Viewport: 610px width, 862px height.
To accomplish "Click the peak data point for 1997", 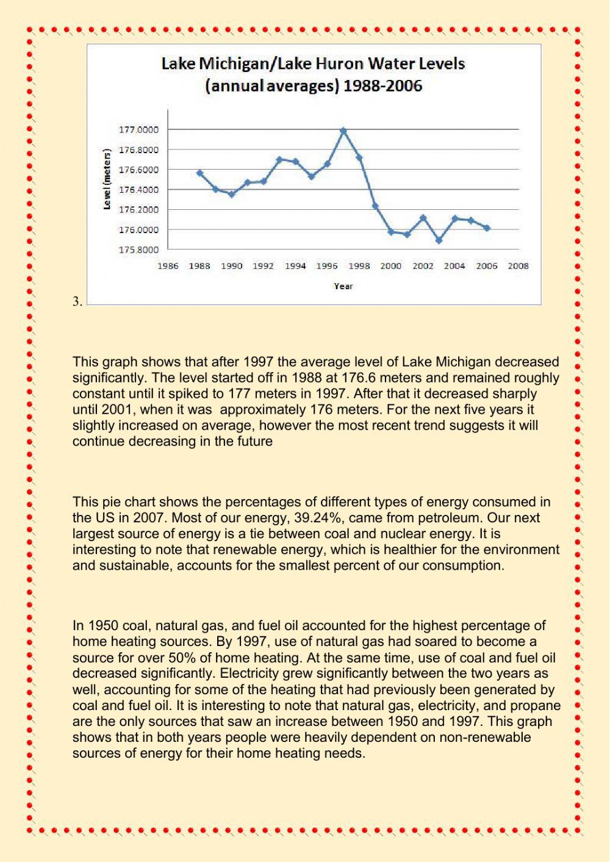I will click(x=343, y=131).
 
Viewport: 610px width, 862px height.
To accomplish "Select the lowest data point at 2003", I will click(x=439, y=240).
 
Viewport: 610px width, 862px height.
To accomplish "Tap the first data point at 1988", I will click(x=199, y=173).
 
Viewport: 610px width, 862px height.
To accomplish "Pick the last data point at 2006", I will click(x=487, y=228).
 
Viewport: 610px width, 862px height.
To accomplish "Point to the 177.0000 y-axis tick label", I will click(x=138, y=129).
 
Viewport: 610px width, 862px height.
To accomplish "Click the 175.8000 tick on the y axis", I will click(x=138, y=250).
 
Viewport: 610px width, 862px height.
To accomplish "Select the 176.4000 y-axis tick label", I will click(x=138, y=190).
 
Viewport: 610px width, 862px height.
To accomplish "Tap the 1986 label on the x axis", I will click(x=168, y=266).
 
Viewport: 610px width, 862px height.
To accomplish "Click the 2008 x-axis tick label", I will click(x=518, y=266).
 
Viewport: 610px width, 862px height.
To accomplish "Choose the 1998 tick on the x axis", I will click(x=359, y=266).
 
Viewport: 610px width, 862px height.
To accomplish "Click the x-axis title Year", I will click(x=343, y=286).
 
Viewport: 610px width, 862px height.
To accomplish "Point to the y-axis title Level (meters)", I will click(x=107, y=179).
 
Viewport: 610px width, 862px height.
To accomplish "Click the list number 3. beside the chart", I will click(x=77, y=301).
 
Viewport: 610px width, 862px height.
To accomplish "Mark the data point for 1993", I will click(x=279, y=159).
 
